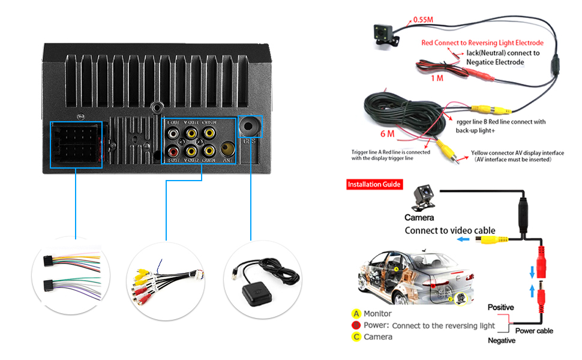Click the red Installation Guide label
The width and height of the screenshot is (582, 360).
pyautogui.click(x=374, y=184)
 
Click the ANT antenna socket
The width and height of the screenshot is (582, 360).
pyautogui.click(x=227, y=149)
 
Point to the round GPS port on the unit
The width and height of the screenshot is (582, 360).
pyautogui.click(x=250, y=127)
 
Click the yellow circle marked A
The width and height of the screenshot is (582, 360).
pyautogui.click(x=356, y=314)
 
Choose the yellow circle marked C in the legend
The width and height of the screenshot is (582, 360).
pyautogui.click(x=356, y=337)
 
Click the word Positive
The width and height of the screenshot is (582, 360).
pyautogui.click(x=500, y=307)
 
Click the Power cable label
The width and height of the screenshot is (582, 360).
pyautogui.click(x=533, y=331)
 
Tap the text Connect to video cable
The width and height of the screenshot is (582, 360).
pyautogui.click(x=450, y=230)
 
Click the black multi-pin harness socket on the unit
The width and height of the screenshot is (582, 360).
pyautogui.click(x=77, y=145)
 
